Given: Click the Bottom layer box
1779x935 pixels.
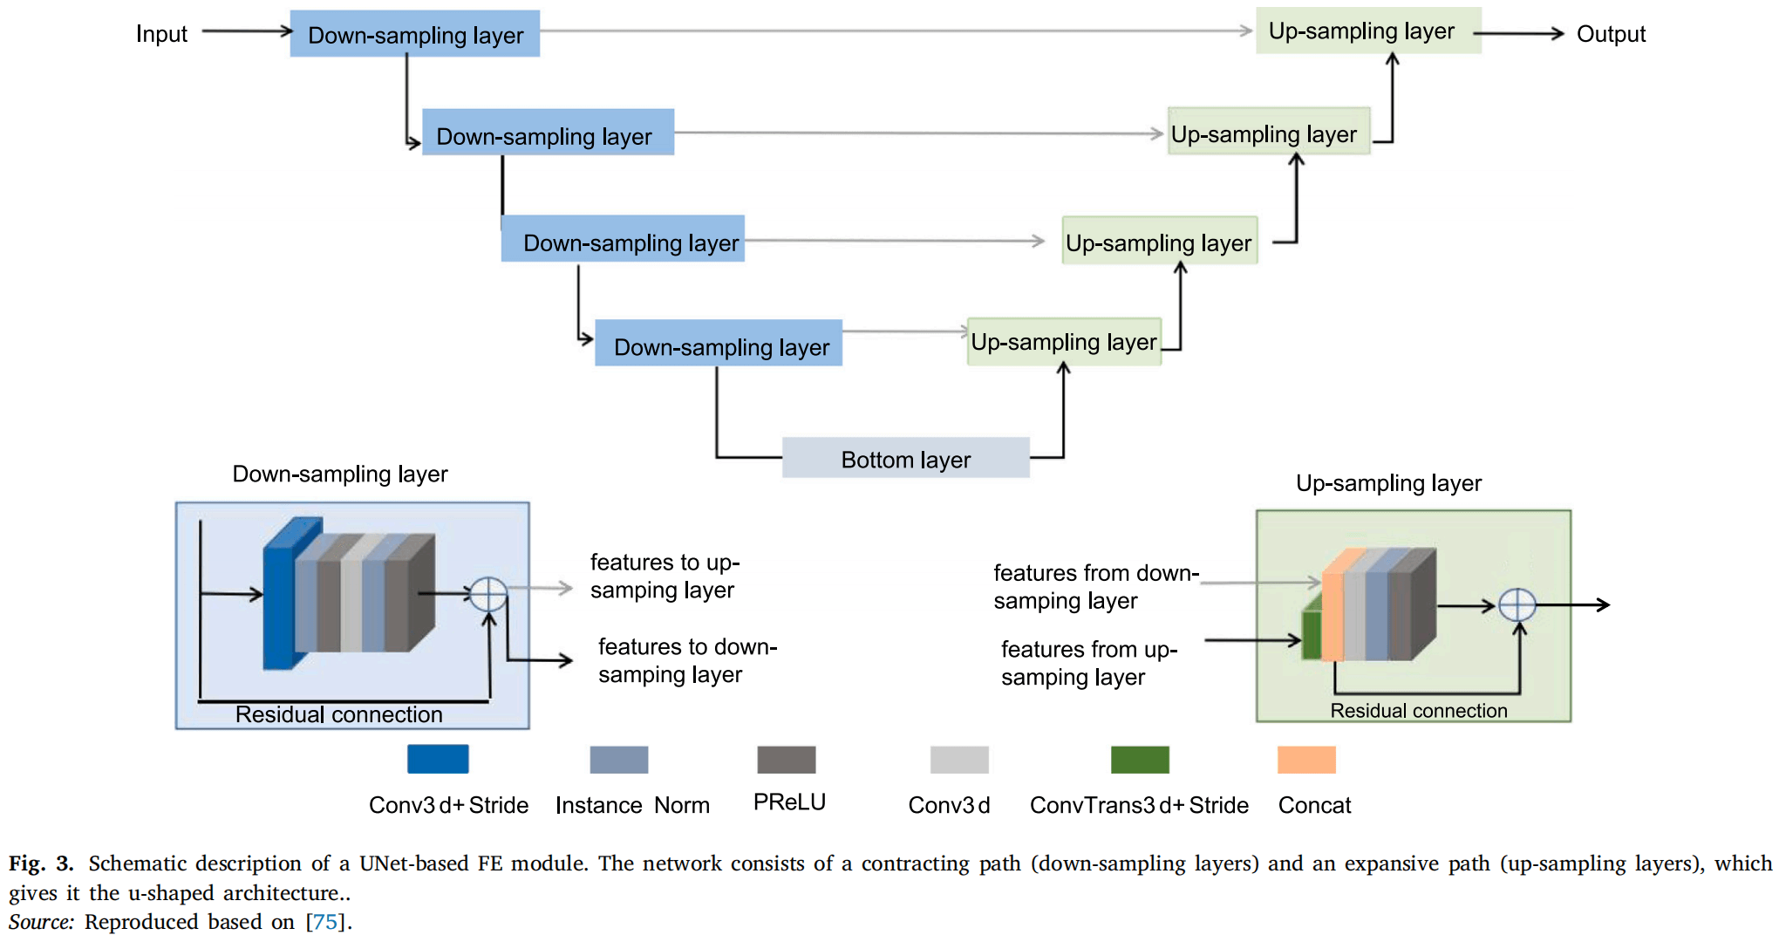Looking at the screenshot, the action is [905, 458].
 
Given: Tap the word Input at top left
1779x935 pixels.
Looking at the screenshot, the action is [161, 34].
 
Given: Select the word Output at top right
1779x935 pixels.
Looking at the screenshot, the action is [1611, 34].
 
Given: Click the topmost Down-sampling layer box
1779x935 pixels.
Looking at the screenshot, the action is [415, 34].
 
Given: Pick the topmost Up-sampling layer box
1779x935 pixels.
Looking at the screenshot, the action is [1368, 31].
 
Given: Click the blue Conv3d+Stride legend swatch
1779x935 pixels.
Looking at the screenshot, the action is [438, 759].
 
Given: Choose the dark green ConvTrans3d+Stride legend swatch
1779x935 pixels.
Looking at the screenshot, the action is [1140, 760].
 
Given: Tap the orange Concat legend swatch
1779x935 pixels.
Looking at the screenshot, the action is [1306, 760].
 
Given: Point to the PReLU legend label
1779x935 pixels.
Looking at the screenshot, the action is [789, 802].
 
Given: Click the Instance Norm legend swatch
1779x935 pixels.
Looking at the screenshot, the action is [619, 760].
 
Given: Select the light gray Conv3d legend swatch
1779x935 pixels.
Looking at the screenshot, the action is [959, 760].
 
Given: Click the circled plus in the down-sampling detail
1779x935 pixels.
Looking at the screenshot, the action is [488, 595].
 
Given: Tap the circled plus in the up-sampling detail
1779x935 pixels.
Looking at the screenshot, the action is [1517, 605].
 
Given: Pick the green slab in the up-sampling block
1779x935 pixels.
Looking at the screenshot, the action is [1312, 630].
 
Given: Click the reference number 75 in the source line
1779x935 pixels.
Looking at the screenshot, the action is [324, 922].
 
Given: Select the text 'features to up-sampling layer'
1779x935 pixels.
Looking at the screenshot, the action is [665, 576].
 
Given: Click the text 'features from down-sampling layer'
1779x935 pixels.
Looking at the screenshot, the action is [1096, 587].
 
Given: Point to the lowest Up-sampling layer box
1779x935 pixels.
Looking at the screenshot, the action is [1064, 342].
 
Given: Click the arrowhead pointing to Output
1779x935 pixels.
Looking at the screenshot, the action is [1557, 34].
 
